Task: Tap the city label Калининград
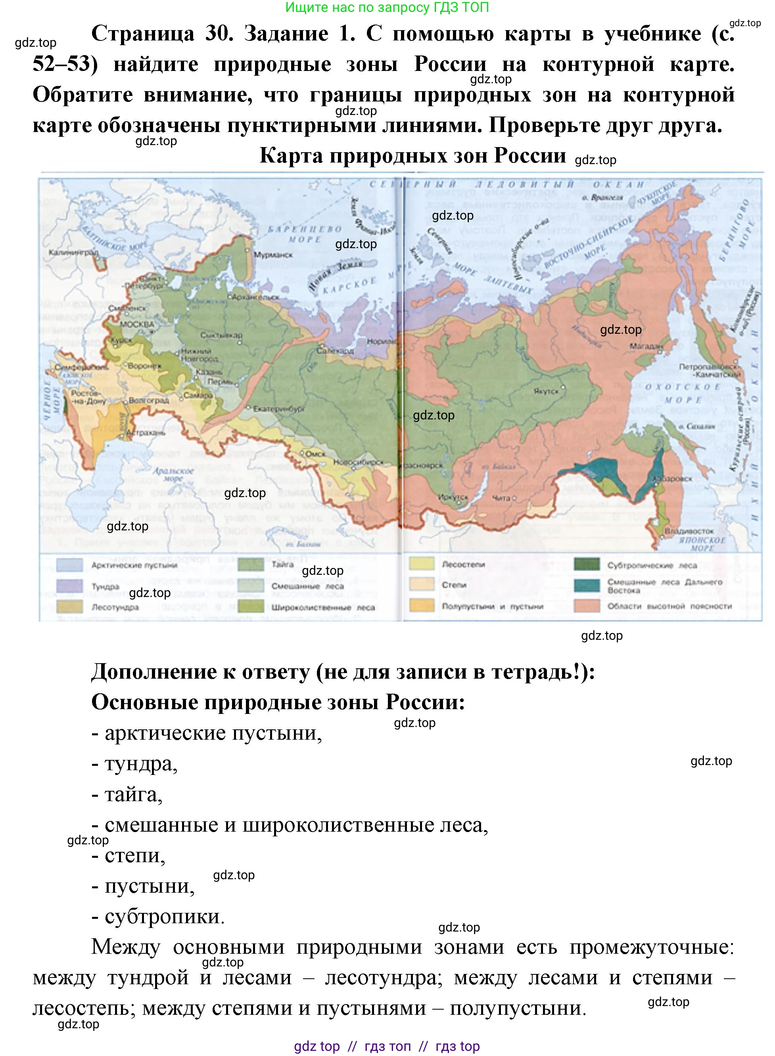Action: pos(74,252)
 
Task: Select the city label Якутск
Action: pos(546,391)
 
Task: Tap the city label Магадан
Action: pos(646,346)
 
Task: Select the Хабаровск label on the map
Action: pos(672,479)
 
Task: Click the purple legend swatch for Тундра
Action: pos(69,586)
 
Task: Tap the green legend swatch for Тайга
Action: pos(251,564)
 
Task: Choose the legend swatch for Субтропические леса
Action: pos(587,564)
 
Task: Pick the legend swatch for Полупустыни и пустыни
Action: pos(421,605)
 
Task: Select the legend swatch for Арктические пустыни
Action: pos(69,564)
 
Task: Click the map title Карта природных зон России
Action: pos(412,156)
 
